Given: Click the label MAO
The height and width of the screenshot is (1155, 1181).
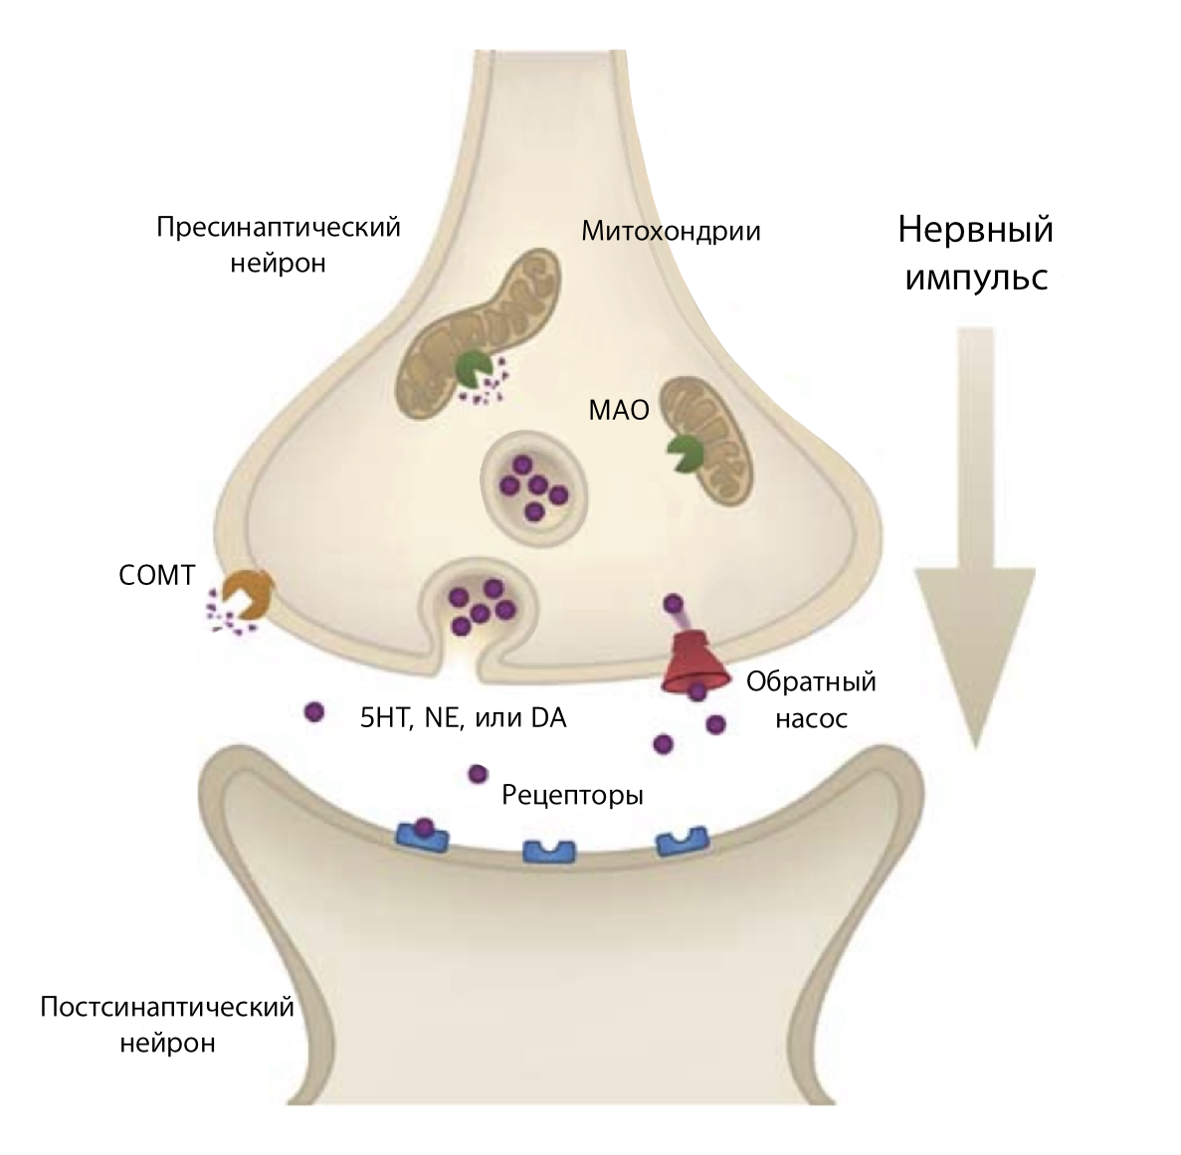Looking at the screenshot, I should tap(618, 409).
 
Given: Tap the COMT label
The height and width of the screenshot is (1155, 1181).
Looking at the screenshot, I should tap(156, 576).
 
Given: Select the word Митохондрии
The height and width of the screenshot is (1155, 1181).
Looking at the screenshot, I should tap(671, 232).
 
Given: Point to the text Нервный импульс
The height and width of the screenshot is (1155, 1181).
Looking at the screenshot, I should tap(975, 253).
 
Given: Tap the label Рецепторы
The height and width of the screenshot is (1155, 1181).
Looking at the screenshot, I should tap(572, 796).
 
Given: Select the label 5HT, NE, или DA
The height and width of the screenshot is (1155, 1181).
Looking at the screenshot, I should tap(463, 717).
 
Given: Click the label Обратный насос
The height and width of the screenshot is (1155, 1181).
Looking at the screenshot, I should tap(811, 699).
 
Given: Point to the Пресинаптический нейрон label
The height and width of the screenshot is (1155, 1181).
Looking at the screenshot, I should tap(279, 245).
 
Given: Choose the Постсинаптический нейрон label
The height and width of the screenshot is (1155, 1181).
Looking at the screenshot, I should tap(167, 1025).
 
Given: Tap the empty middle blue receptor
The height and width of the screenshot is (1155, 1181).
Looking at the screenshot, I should tap(550, 852).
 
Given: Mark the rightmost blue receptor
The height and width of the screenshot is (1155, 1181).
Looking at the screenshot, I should tap(681, 842).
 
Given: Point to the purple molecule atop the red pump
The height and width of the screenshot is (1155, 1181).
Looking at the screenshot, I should tap(674, 602).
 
